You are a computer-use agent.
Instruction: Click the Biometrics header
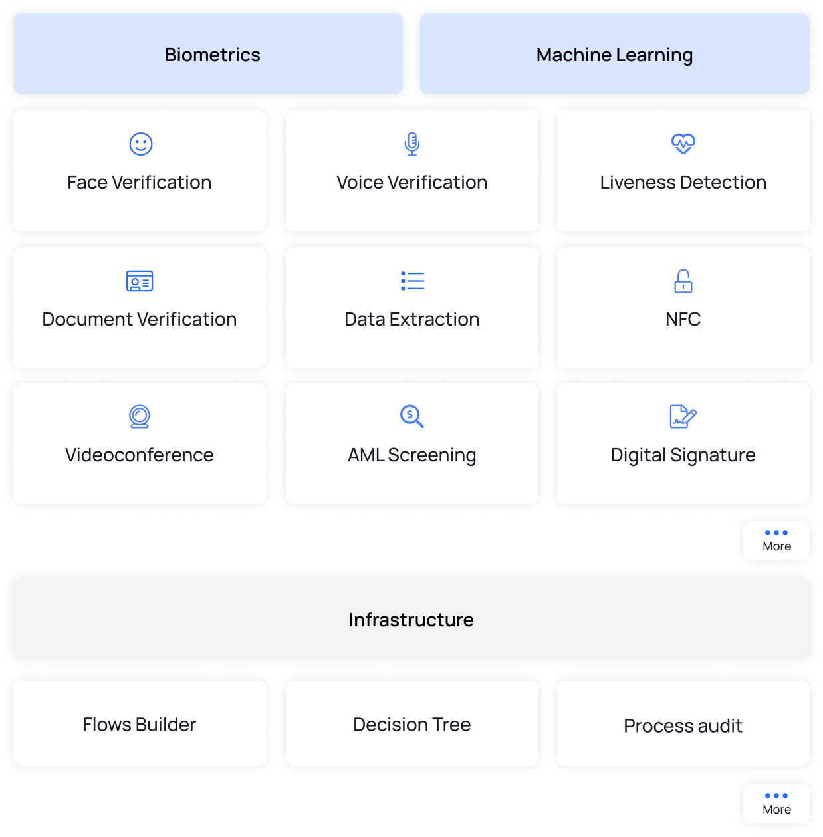[207, 54]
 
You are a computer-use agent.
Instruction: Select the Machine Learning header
[614, 54]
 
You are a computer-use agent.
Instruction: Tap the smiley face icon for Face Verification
[141, 144]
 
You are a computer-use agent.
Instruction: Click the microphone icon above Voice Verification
[412, 144]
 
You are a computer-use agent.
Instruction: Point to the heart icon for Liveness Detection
[683, 144]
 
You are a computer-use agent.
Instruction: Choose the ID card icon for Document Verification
[140, 281]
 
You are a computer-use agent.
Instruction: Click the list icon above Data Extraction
[412, 281]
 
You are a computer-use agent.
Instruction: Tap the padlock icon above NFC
[683, 281]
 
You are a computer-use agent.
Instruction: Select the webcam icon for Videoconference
[140, 417]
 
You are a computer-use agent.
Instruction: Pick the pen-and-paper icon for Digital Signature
[683, 417]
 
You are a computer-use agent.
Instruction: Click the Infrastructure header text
[411, 620]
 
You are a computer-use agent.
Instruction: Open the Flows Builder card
[140, 723]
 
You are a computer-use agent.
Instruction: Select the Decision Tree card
[412, 723]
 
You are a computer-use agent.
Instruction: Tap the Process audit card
[683, 723]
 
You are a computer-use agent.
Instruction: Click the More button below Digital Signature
[776, 540]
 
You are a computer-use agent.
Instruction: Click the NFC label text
[683, 319]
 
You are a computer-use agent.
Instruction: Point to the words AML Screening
[412, 455]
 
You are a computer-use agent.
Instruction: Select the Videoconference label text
[140, 455]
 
